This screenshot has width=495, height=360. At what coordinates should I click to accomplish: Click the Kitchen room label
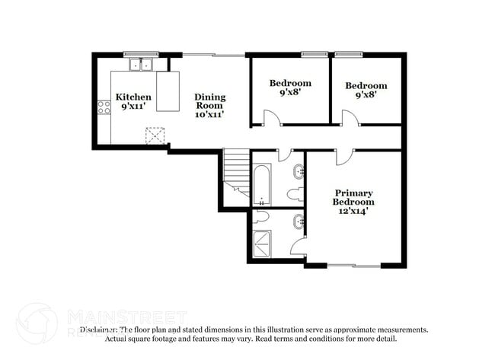pos(133,97)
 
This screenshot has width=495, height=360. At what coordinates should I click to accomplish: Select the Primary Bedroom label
pos(353,197)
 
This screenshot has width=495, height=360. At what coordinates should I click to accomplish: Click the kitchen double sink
pos(139,65)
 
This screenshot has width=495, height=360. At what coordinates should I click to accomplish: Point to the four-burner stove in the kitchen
pos(104,107)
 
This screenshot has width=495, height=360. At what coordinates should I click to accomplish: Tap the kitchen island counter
pos(168,91)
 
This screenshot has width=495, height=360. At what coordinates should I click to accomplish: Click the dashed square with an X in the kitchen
pos(155,135)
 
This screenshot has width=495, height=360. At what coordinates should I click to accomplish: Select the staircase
pos(237,174)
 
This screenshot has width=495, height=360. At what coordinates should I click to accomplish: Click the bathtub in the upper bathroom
pos(261,183)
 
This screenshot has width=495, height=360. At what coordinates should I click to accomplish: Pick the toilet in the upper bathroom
pos(299,193)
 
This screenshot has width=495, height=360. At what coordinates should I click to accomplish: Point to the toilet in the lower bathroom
pos(260,217)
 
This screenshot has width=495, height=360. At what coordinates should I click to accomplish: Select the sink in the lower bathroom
pos(299,222)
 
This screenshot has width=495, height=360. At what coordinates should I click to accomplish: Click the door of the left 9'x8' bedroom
pos(270,118)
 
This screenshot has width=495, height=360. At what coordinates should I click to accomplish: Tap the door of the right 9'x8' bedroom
pos(349,118)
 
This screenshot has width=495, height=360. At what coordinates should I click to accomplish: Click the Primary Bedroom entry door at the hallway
pos(343,156)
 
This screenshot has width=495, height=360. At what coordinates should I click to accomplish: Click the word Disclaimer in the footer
pos(97,330)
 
